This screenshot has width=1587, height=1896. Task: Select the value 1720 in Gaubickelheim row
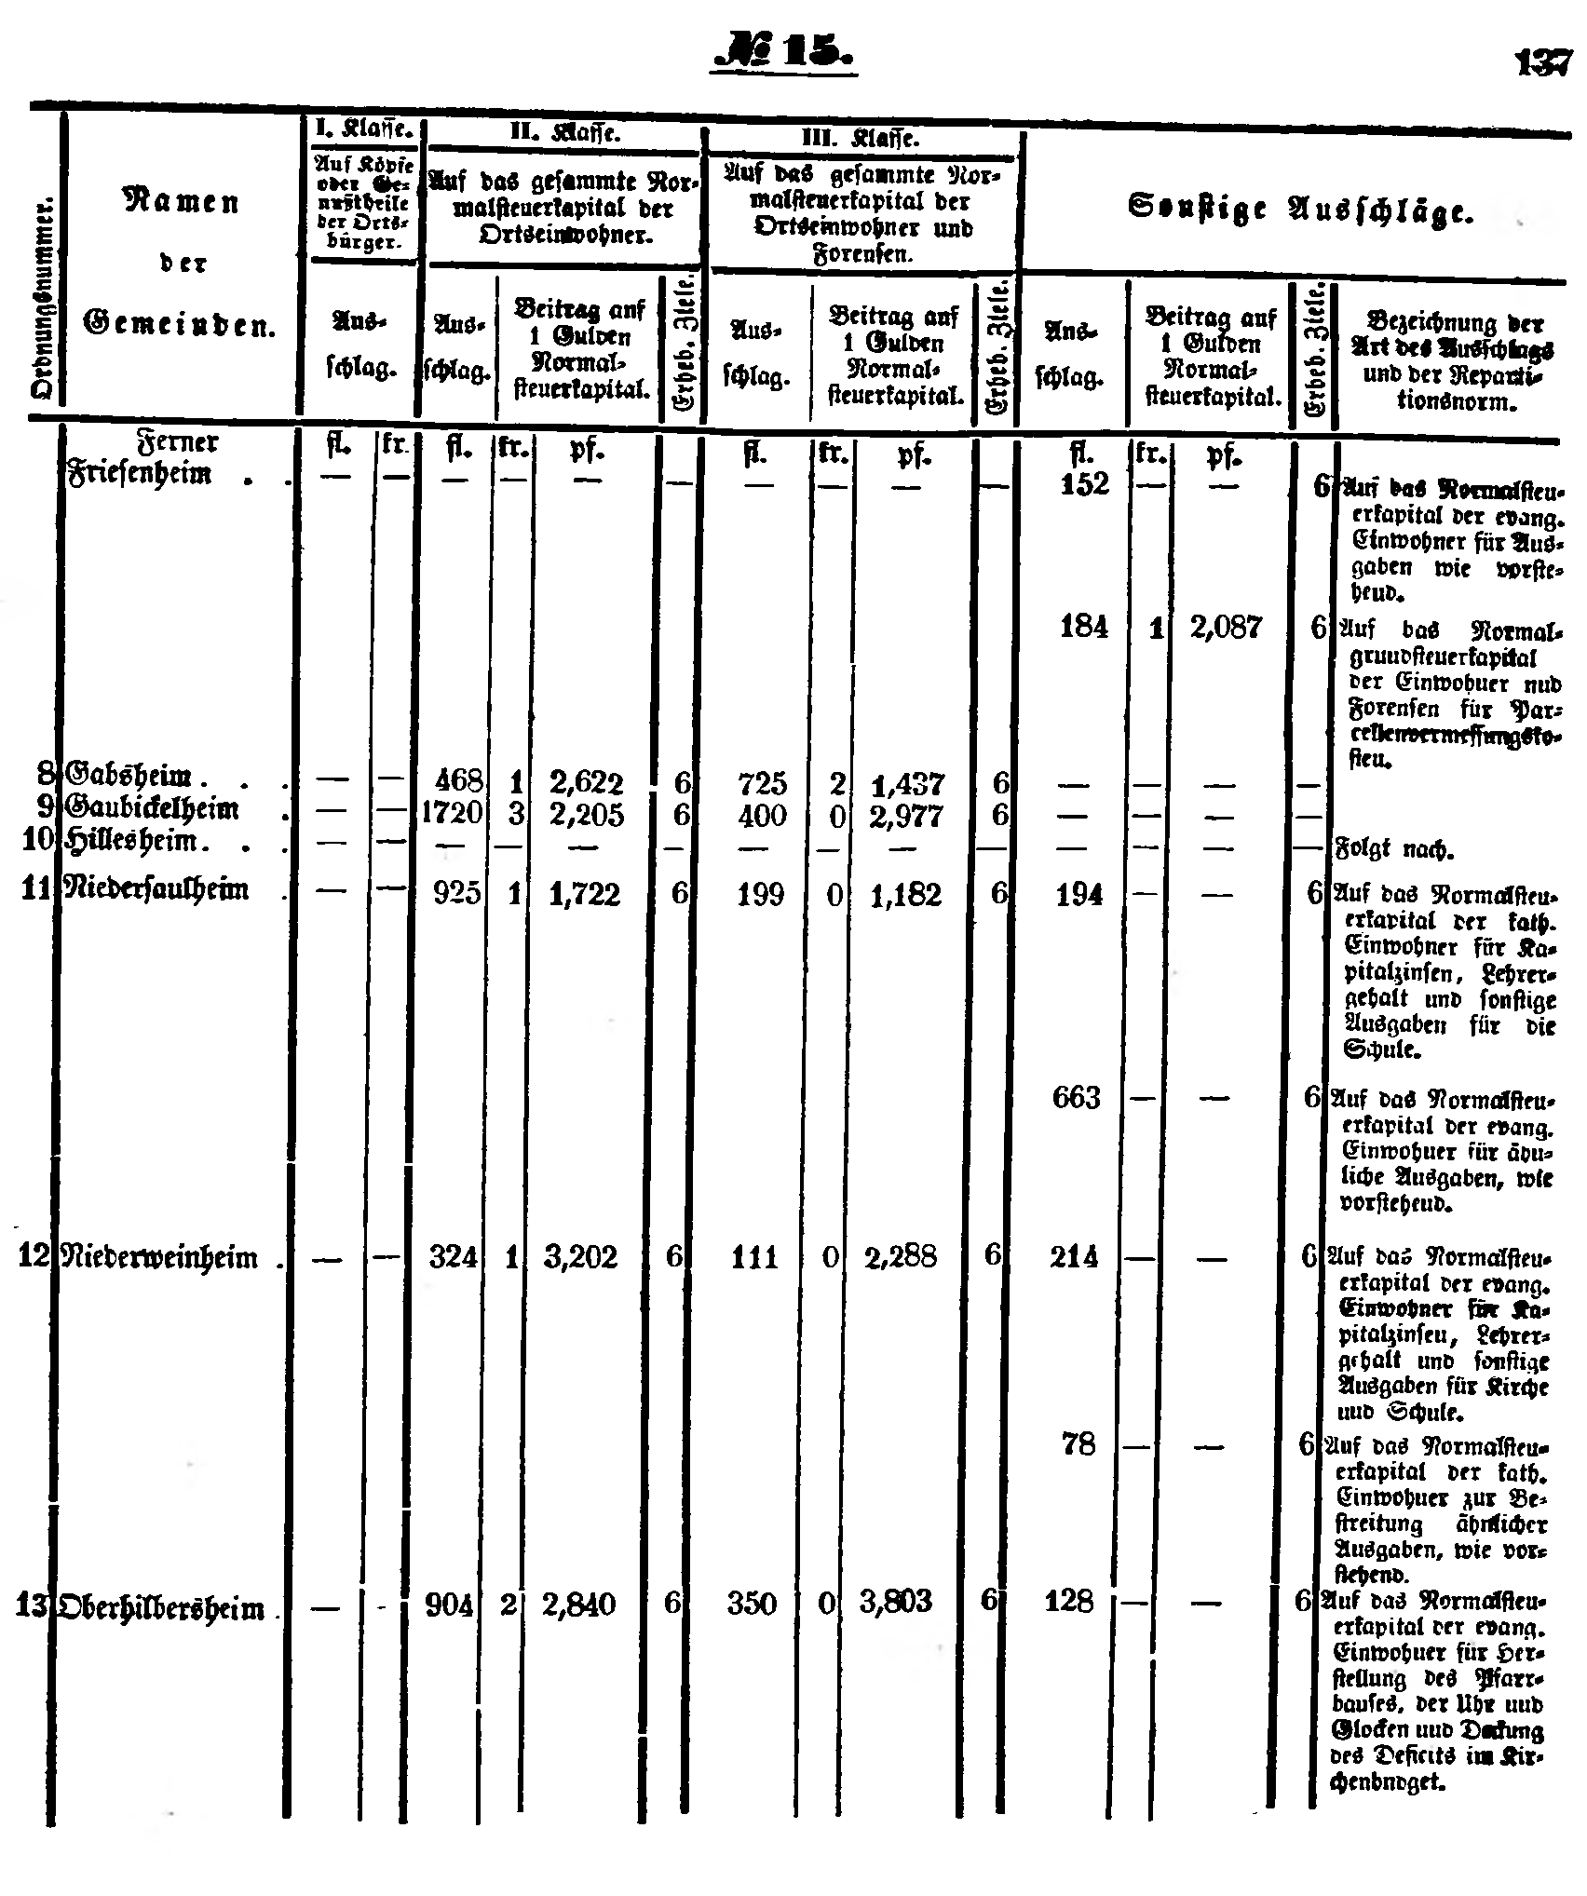click(452, 813)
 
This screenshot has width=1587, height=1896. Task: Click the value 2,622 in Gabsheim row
click(585, 782)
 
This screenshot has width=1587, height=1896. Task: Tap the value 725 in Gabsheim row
click(760, 783)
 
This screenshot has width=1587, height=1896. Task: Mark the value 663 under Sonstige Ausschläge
click(1076, 1098)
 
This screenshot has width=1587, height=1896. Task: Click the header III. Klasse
click(860, 140)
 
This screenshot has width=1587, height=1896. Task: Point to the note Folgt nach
click(1382, 849)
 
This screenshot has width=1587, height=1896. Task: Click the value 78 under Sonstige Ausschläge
click(1077, 1444)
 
